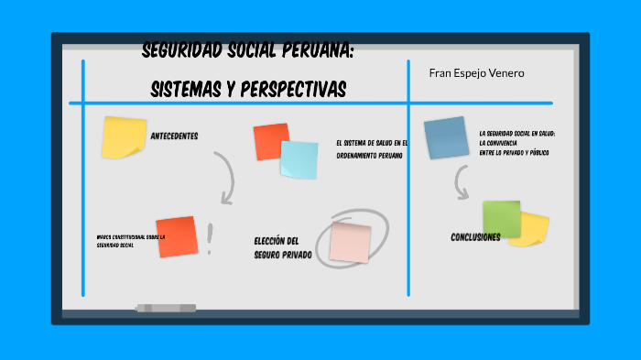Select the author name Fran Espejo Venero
tap(476, 72)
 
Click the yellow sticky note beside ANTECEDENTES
tap(123, 136)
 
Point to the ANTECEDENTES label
tap(174, 136)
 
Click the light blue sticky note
tap(299, 159)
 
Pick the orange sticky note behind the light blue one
tap(269, 140)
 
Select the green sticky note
tap(502, 219)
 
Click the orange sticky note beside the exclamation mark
tap(176, 236)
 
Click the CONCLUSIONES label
tap(475, 237)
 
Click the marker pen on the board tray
tap(166, 308)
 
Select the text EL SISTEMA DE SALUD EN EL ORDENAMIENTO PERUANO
tap(372, 148)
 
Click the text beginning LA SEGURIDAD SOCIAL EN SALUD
tap(515, 142)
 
